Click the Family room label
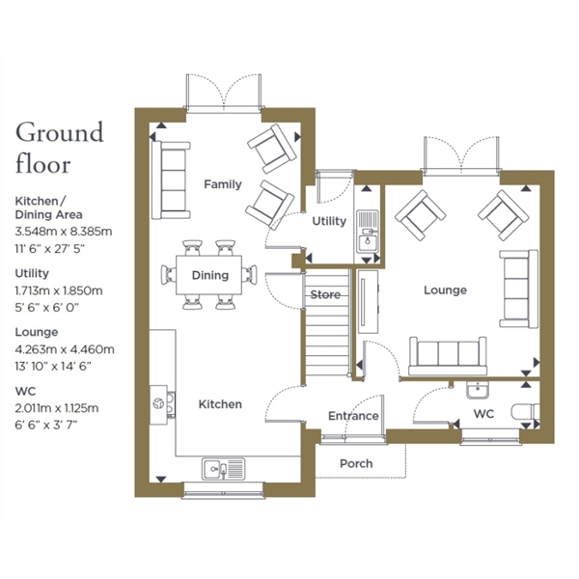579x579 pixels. click(223, 184)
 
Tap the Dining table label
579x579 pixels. click(210, 275)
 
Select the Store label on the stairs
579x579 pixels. click(325, 294)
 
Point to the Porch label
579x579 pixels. click(356, 463)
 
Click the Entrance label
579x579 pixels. click(353, 416)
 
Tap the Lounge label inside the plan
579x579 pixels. click(445, 289)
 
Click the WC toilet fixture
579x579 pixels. click(526, 411)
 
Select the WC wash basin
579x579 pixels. click(478, 390)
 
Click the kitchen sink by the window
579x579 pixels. click(223, 469)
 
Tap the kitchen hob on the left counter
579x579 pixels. click(163, 404)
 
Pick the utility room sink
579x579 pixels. click(368, 232)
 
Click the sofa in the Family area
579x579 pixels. click(171, 180)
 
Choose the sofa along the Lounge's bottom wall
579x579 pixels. click(448, 355)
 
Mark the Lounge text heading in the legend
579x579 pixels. click(37, 332)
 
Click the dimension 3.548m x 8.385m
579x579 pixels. click(64, 232)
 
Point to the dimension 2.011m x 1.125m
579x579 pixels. click(57, 408)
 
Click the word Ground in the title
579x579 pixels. click(60, 133)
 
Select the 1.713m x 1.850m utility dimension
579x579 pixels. click(59, 290)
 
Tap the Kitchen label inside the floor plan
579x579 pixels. click(220, 404)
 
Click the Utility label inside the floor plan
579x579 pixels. click(329, 221)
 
